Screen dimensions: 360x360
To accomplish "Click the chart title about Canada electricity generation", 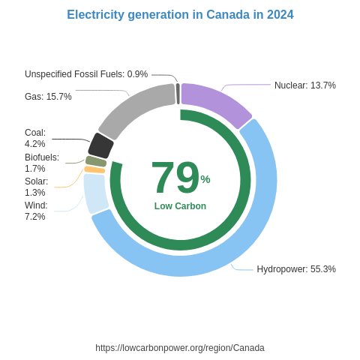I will pyautogui.click(x=180, y=15).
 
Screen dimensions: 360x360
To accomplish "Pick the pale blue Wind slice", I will pyautogui.click(x=95, y=193).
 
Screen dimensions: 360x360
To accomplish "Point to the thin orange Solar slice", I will pyautogui.click(x=94, y=169).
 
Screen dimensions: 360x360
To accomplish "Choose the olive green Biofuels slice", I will pyautogui.click(x=96, y=161).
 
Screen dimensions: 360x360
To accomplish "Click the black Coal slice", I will pyautogui.click(x=100, y=145).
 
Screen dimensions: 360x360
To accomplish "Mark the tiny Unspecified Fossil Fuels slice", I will pyautogui.click(x=178, y=94).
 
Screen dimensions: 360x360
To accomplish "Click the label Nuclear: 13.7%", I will pyautogui.click(x=304, y=85).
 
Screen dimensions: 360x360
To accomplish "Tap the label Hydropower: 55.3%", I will pyautogui.click(x=295, y=269).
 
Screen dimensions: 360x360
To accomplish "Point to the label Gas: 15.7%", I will pyautogui.click(x=48, y=97).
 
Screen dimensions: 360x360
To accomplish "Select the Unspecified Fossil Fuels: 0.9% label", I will pyautogui.click(x=86, y=74).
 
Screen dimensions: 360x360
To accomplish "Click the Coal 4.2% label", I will pyautogui.click(x=35, y=138).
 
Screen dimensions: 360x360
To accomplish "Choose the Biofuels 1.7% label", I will pyautogui.click(x=41, y=163).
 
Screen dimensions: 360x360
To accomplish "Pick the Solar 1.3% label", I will pyautogui.click(x=36, y=187).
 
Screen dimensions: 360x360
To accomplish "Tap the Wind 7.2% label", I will pyautogui.click(x=36, y=211).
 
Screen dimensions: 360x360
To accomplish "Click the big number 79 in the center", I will pyautogui.click(x=175, y=178).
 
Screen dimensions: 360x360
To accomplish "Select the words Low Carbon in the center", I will pyautogui.click(x=180, y=206).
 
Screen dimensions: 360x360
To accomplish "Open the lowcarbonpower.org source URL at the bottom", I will pyautogui.click(x=180, y=348).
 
